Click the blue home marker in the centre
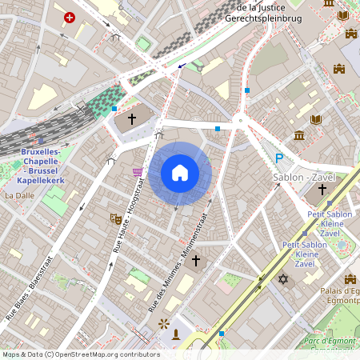coord(180,173)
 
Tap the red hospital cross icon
coord(70,17)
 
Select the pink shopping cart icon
coord(138,172)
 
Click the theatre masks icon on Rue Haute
coord(115,218)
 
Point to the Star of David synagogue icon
coord(282,278)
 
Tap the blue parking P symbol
coord(279,158)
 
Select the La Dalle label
coord(19,194)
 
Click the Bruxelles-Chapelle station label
coord(46,161)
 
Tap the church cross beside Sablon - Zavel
coord(322,190)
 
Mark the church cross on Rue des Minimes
coord(196,261)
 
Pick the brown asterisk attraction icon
coord(164,323)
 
